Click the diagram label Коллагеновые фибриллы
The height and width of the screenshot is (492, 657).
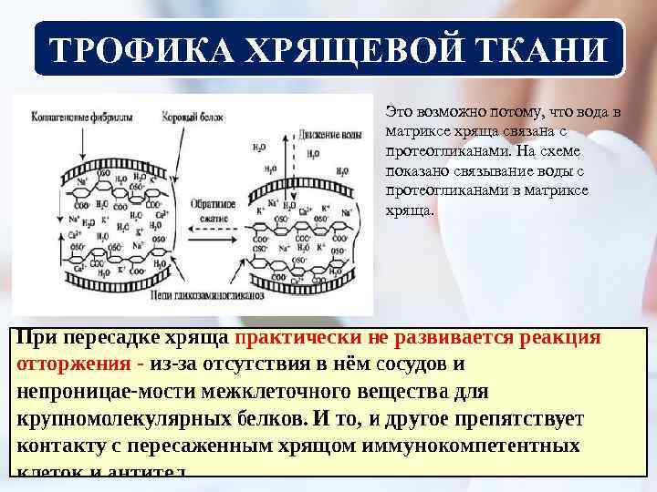click(74, 119)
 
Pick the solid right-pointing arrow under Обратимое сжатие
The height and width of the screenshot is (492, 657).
click(213, 247)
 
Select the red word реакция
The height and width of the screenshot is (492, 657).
click(558, 337)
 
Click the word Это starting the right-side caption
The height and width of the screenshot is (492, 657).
click(398, 112)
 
